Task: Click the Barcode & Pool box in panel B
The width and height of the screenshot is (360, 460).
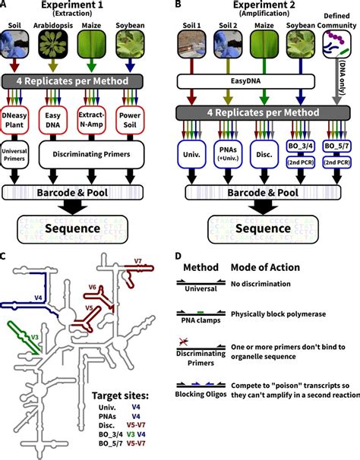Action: [x=261, y=193]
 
